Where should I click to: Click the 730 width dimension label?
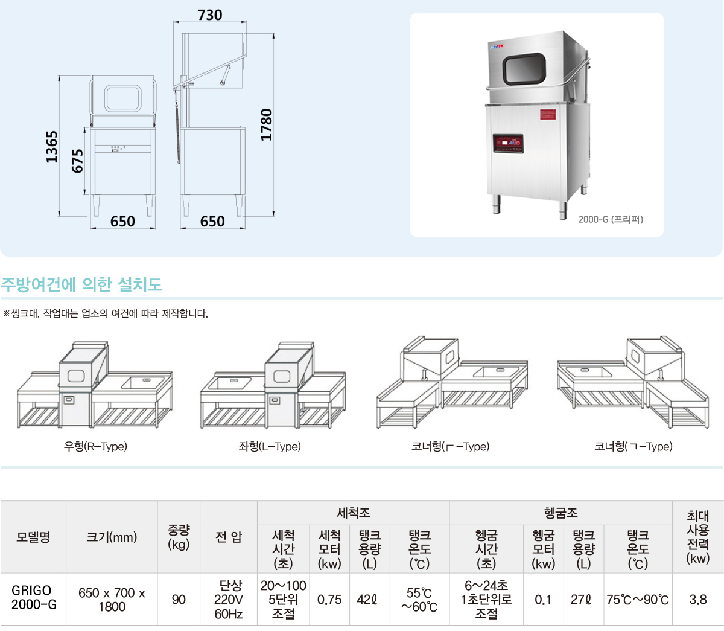click(210, 15)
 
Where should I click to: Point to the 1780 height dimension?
click(267, 124)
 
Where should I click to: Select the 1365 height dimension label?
click(52, 147)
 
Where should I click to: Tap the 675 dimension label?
click(77, 161)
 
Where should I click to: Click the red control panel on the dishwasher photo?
click(508, 143)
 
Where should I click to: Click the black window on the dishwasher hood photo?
click(524, 69)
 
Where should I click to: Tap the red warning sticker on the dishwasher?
click(548, 114)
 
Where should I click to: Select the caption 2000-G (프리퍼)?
click(611, 220)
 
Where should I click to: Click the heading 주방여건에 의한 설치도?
click(81, 284)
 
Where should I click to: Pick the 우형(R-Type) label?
click(95, 446)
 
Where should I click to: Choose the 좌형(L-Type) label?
click(270, 446)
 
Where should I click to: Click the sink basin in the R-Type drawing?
click(144, 383)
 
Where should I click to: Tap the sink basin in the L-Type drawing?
click(230, 383)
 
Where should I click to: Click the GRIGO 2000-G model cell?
click(34, 597)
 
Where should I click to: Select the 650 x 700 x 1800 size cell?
click(112, 600)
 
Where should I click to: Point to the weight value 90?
click(179, 600)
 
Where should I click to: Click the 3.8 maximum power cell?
click(698, 600)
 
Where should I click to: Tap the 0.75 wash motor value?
click(329, 600)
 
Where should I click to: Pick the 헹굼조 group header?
click(561, 513)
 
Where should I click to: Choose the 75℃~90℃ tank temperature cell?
click(638, 600)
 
